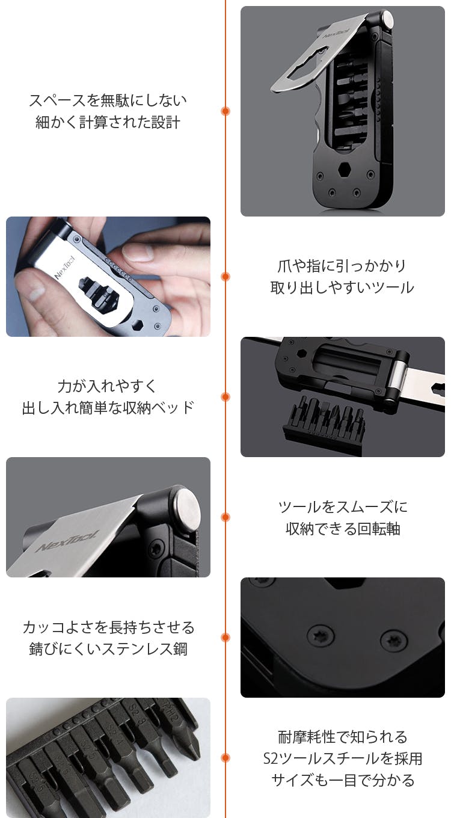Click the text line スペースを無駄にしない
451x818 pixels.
pyautogui.click(x=108, y=100)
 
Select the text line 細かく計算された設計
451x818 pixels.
pyautogui.click(x=108, y=122)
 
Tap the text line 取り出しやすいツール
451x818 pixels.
pyautogui.click(x=342, y=288)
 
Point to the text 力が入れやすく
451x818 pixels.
pyautogui.click(x=108, y=386)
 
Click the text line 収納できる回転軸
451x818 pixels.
pyautogui.click(x=343, y=529)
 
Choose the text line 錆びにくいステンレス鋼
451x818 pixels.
pyautogui.click(x=108, y=649)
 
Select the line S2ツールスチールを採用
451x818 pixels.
pyautogui.click(x=343, y=758)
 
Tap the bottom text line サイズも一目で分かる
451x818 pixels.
pyautogui.click(x=343, y=780)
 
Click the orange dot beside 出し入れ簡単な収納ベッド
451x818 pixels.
pyautogui.click(x=226, y=397)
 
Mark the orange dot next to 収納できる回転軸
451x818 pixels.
pyautogui.click(x=226, y=517)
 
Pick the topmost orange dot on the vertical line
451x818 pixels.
pyautogui.click(x=226, y=111)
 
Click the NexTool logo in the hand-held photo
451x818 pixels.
pyautogui.click(x=64, y=268)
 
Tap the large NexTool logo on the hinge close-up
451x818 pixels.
pyautogui.click(x=67, y=541)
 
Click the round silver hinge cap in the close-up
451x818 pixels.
pyautogui.click(x=188, y=508)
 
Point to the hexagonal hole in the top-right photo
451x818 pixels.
pyautogui.click(x=345, y=170)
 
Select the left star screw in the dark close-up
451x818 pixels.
pyautogui.click(x=321, y=635)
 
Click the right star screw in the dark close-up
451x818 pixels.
pyautogui.click(x=394, y=640)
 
